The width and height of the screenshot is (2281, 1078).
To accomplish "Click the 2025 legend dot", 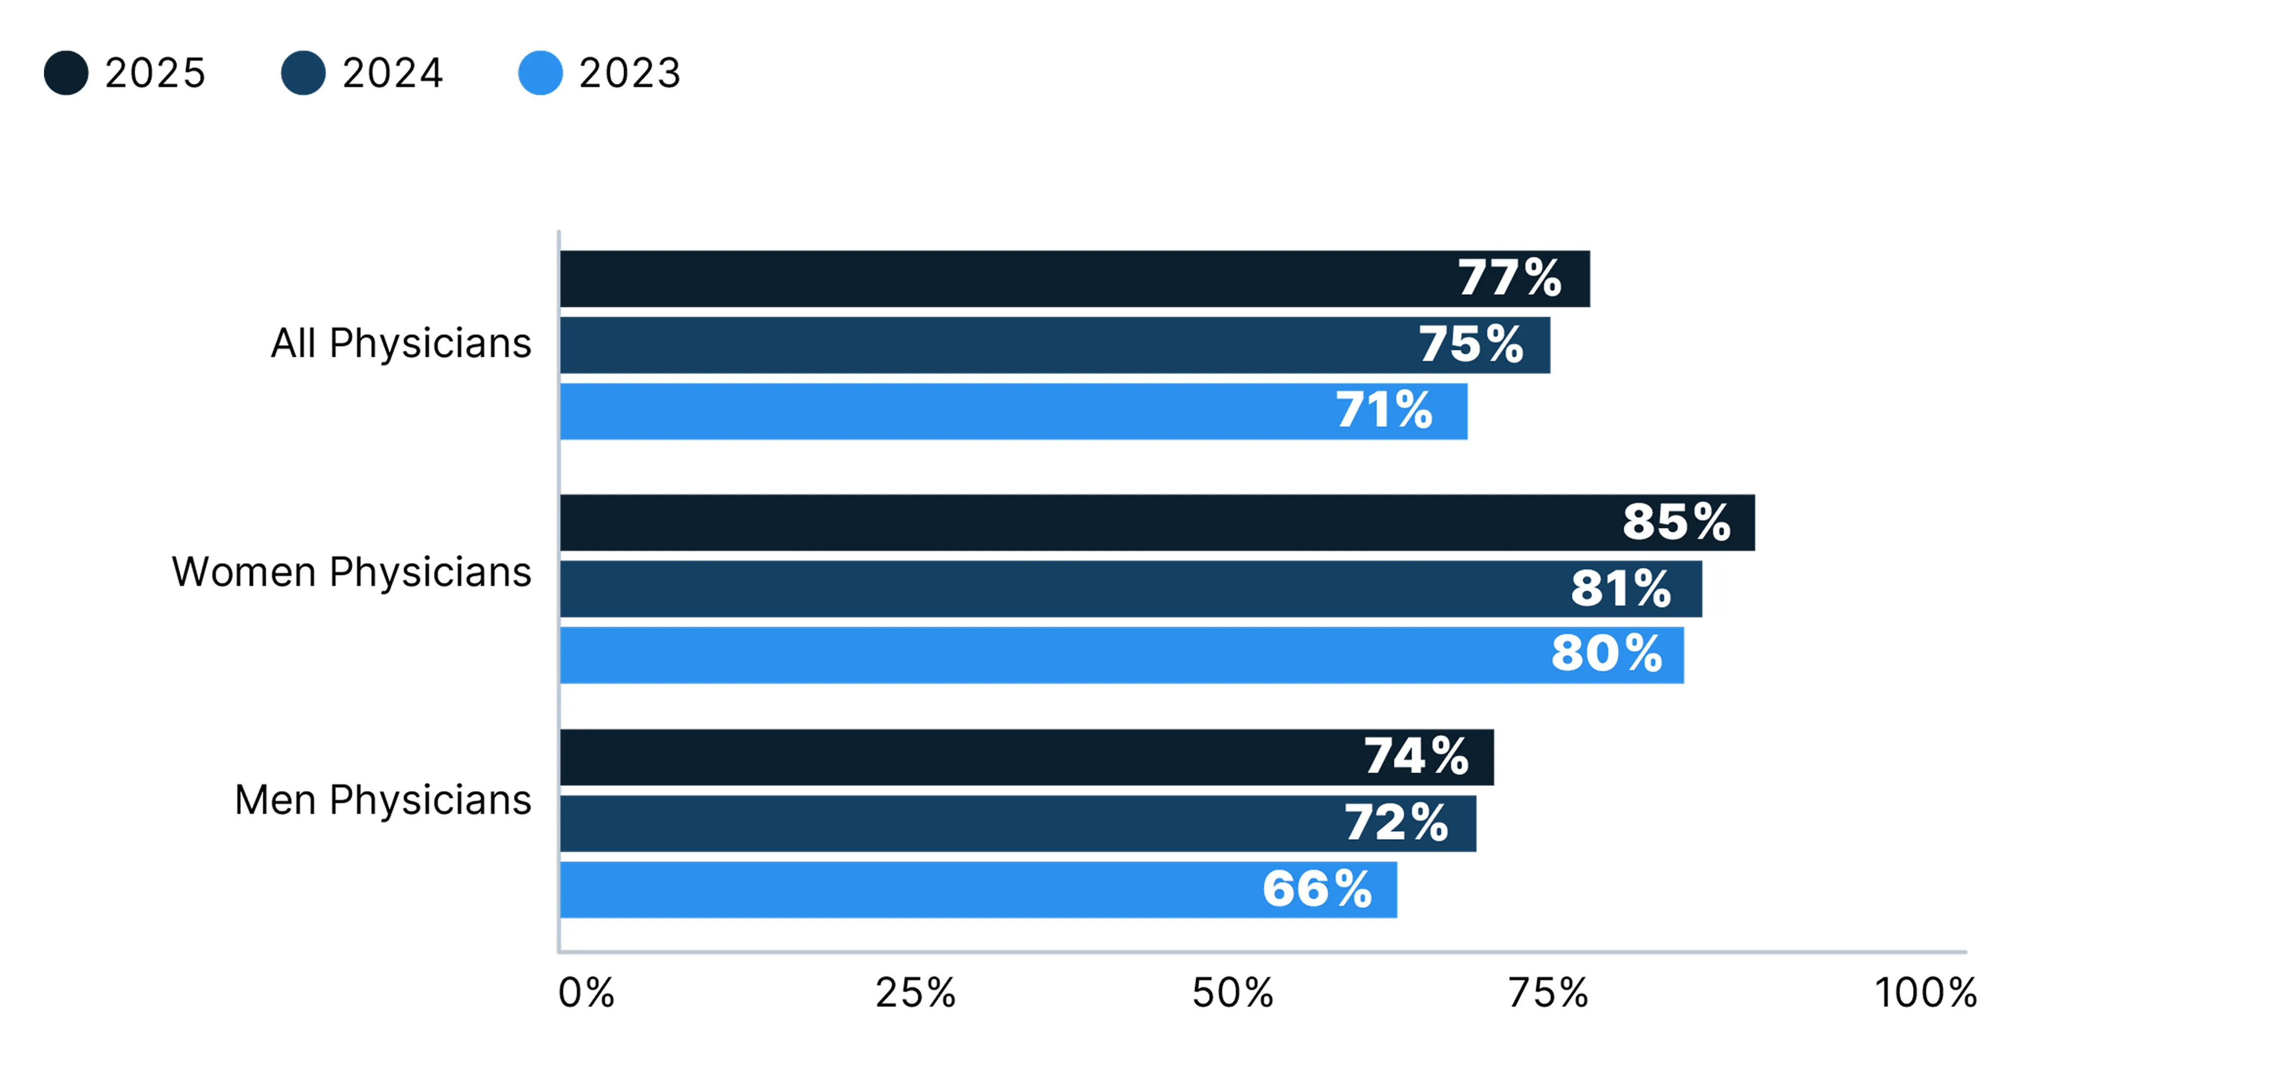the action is click(66, 73).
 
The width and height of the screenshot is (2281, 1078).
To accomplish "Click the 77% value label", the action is click(1510, 278).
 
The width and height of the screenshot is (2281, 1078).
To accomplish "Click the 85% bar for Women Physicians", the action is click(1157, 522).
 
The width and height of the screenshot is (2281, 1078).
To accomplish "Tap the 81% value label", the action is click(1621, 588).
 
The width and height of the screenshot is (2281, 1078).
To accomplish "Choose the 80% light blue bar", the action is click(1122, 655).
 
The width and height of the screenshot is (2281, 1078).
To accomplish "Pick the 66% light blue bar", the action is click(979, 889).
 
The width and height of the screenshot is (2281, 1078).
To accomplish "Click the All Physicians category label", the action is click(401, 344).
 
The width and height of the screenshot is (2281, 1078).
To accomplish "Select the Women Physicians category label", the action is click(351, 572).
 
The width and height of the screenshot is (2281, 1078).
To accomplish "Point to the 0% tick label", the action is click(586, 993).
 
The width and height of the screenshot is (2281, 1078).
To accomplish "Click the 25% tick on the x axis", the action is click(916, 993).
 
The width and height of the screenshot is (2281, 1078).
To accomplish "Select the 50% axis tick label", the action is click(1232, 993).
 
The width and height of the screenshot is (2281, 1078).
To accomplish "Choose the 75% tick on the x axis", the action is click(1549, 993).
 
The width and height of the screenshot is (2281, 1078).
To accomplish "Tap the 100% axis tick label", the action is click(1926, 993).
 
